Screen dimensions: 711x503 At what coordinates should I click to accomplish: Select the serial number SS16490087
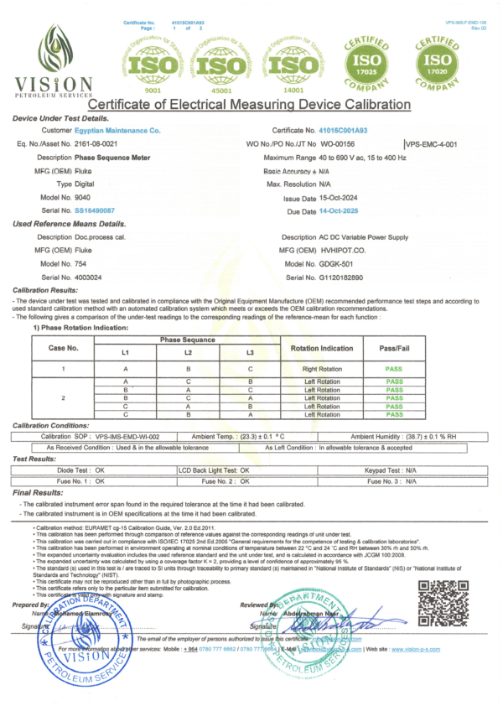click(95, 211)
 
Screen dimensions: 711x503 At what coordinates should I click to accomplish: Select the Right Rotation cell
click(322, 368)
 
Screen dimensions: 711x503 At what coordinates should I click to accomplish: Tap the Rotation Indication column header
click(322, 347)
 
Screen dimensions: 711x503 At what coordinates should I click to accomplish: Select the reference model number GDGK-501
click(340, 264)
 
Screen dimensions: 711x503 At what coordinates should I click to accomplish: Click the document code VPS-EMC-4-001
click(432, 145)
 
